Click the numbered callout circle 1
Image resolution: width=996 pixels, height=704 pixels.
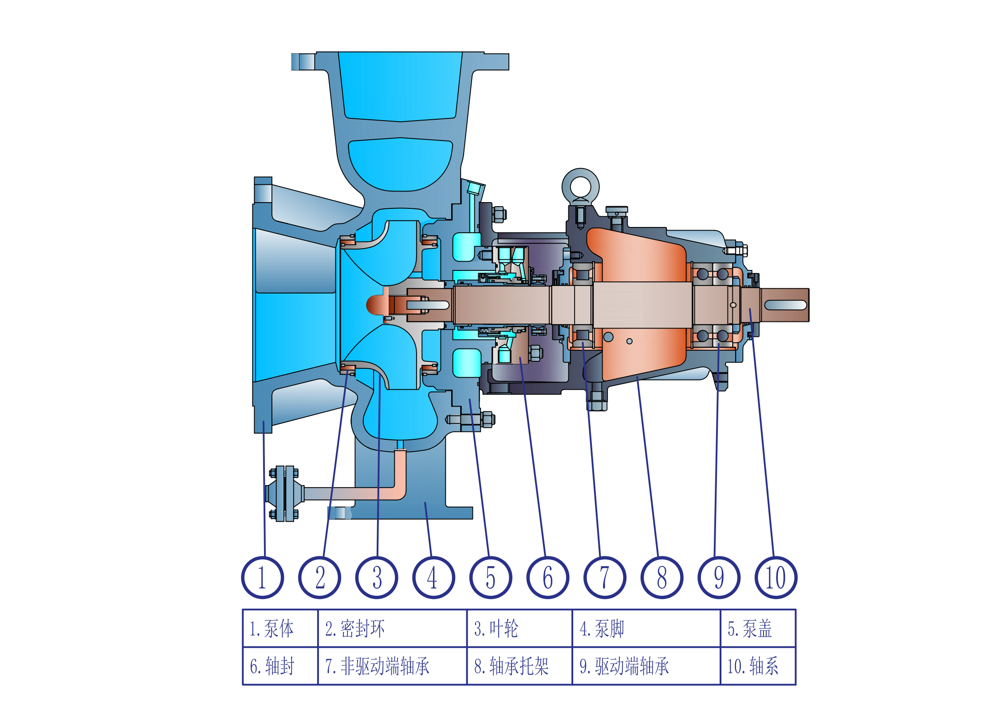click(x=262, y=577)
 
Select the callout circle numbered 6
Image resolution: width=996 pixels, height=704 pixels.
click(x=547, y=577)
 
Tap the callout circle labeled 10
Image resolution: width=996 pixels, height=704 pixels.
click(x=776, y=577)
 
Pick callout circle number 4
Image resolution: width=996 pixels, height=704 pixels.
click(x=433, y=577)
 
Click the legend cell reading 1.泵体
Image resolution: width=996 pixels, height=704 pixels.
click(x=280, y=628)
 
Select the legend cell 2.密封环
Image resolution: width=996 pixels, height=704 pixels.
click(x=392, y=628)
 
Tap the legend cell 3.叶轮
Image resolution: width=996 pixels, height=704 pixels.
click(x=520, y=628)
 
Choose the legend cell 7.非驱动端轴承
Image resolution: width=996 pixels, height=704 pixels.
click(x=392, y=666)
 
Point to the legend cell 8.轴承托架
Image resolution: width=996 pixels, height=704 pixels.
click(x=520, y=666)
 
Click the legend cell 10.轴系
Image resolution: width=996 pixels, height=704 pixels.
click(x=758, y=666)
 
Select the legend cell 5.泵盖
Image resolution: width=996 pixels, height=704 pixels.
click(x=758, y=628)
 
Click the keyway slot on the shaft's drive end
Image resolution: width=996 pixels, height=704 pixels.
click(x=785, y=305)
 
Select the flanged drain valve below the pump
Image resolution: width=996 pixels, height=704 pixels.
click(x=284, y=493)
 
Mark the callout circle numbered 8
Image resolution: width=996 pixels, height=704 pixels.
click(x=662, y=577)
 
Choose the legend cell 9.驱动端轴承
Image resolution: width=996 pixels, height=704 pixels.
click(x=646, y=666)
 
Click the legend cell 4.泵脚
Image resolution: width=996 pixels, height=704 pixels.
click(x=646, y=628)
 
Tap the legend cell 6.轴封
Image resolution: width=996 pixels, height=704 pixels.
click(x=280, y=666)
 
